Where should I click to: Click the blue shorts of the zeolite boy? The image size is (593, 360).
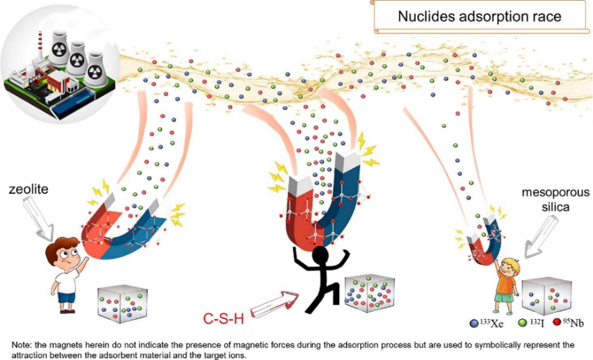(x=66, y=298)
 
